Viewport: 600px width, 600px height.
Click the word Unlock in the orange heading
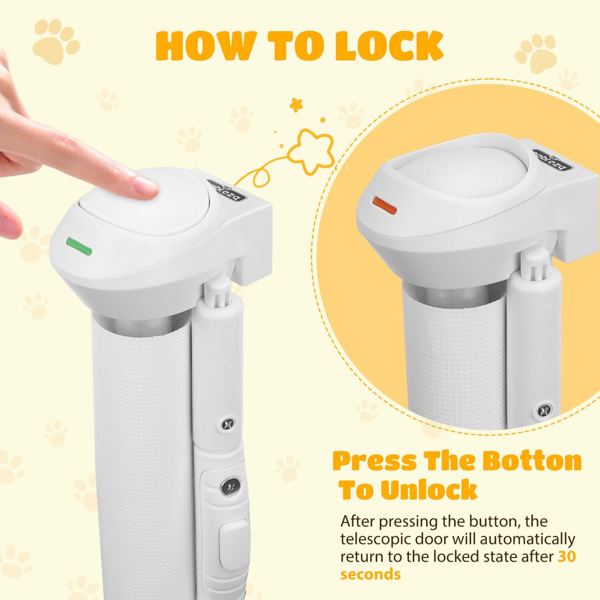click(x=429, y=490)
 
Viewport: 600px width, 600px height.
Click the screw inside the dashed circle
click(x=544, y=410)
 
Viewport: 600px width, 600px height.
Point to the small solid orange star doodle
click(x=297, y=104)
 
